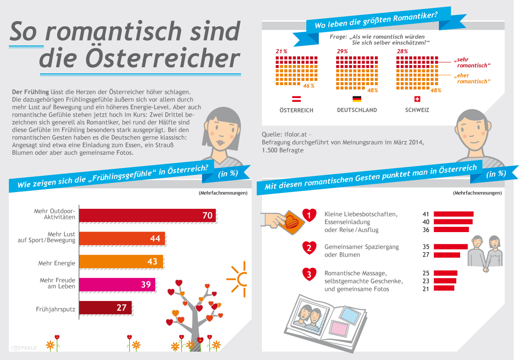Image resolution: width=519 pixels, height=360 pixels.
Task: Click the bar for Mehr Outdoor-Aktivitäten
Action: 147,215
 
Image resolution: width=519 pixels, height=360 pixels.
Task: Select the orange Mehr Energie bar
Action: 121,262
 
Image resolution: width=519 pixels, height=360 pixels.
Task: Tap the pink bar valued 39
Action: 117,284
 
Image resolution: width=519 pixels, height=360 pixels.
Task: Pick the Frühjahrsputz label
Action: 55,309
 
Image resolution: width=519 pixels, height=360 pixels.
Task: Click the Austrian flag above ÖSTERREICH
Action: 296,99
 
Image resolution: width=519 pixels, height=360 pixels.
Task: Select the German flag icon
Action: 356,99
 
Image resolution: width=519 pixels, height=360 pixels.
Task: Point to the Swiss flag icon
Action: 417,99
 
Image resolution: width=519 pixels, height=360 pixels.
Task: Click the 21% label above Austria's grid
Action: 281,51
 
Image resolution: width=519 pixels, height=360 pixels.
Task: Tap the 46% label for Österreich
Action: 308,86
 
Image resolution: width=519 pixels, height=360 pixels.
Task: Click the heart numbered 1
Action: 309,215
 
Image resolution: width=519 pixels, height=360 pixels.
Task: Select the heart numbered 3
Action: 309,275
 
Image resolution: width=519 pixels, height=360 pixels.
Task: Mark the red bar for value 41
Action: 454,214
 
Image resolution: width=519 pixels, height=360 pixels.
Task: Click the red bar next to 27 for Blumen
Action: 446,255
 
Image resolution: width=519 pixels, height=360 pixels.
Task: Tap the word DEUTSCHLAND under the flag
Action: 356,110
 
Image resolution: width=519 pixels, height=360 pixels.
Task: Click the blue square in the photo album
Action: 350,313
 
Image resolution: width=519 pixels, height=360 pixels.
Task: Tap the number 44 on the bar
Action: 155,238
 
